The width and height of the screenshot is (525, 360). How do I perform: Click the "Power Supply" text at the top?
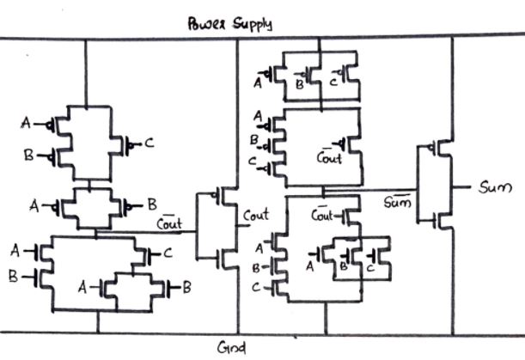[229, 24]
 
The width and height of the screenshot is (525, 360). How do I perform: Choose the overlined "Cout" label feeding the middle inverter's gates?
[168, 223]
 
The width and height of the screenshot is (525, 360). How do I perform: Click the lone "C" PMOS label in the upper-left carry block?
[149, 143]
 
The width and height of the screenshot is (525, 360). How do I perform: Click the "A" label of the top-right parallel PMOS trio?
[257, 83]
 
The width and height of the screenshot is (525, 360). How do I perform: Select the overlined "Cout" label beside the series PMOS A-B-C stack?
[328, 157]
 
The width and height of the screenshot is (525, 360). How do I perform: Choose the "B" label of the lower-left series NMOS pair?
[12, 278]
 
